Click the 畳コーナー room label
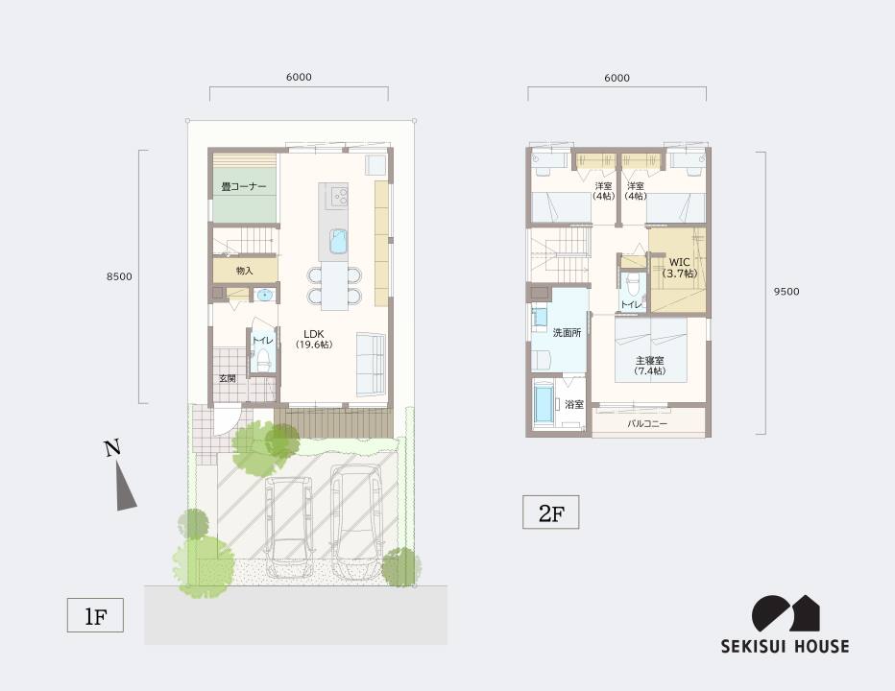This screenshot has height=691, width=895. tap(244, 186)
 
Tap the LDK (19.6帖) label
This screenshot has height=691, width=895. tap(314, 339)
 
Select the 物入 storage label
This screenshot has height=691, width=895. tap(244, 271)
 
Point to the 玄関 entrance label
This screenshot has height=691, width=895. tap(228, 378)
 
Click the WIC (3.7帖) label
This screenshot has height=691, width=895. tap(679, 268)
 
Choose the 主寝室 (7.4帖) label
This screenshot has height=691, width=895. tap(650, 366)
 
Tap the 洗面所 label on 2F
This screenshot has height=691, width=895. tap(567, 333)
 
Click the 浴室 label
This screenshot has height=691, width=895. tap(574, 405)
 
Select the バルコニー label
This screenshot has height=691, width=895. tap(647, 424)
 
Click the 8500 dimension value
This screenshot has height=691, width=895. tap(119, 276)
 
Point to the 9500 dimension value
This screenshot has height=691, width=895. tap(786, 292)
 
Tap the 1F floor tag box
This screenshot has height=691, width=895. tap(95, 615)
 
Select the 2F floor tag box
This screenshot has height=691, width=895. tap(551, 512)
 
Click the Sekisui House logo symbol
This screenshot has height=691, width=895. tap(786, 613)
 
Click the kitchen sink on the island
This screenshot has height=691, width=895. tap(338, 240)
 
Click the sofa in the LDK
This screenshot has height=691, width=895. tap(371, 363)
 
